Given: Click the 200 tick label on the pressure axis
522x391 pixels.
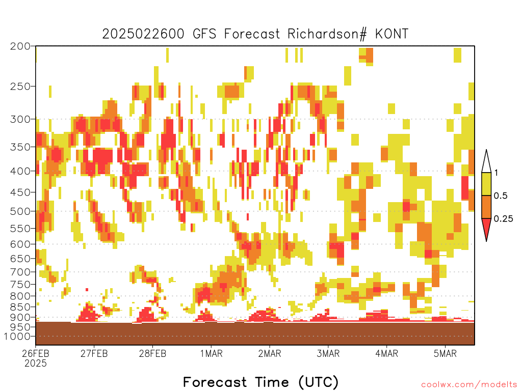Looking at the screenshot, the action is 20,46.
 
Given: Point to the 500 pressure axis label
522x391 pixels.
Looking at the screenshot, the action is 20,211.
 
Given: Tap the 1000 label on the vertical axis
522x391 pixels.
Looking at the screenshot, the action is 17,336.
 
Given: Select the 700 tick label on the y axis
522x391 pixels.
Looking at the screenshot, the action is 20,272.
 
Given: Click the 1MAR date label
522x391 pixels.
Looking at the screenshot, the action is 211,353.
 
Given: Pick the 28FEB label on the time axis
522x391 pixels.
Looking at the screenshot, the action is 152,353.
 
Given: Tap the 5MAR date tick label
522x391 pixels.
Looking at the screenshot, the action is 445,353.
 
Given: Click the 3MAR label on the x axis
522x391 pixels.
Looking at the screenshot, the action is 328,353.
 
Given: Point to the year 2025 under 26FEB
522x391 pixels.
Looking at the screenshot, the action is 36,363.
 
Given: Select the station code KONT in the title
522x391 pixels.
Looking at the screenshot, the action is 391,34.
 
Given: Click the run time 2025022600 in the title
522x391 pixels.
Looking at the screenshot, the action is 143,34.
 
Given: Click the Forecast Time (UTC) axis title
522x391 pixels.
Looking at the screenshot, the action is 260,382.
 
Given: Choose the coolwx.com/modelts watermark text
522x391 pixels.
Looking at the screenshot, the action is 469,384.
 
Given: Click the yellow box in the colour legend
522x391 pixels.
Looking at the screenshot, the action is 486,184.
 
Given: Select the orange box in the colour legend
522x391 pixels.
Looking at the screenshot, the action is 486,207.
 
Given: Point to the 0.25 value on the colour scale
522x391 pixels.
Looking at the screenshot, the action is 503,218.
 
